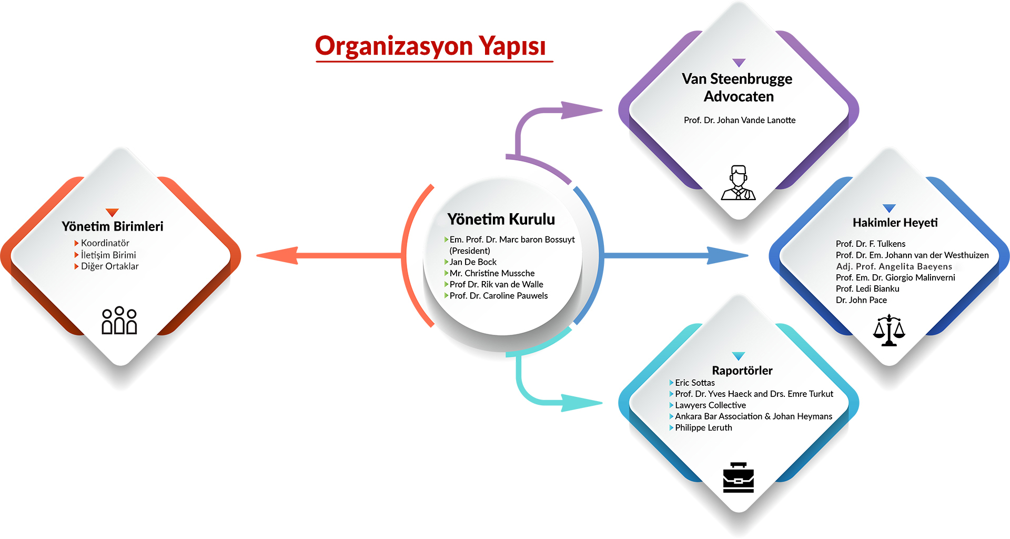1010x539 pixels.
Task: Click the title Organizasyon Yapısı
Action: [x=431, y=46]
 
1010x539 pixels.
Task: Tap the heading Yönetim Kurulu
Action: [x=501, y=219]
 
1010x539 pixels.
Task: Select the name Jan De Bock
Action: [x=473, y=262]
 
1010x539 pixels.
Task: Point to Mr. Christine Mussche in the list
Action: [x=492, y=273]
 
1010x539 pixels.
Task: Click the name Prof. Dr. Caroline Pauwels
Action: [x=499, y=296]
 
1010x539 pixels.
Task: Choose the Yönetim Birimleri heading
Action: [x=113, y=226]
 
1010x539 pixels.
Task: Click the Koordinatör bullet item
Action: [x=105, y=243]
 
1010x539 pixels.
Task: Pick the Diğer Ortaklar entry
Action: [x=110, y=266]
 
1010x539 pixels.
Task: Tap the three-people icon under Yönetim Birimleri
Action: [x=119, y=320]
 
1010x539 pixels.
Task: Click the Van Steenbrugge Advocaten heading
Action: [x=738, y=87]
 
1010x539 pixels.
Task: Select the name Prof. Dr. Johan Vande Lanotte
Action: [x=740, y=120]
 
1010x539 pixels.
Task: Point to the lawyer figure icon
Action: [x=739, y=183]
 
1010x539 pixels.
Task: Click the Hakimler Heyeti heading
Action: [x=895, y=223]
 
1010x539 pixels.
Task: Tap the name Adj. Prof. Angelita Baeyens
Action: [x=894, y=266]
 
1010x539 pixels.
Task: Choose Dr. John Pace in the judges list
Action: [x=861, y=300]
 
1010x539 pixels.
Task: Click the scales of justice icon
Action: [x=889, y=330]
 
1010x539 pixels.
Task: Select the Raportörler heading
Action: [x=742, y=371]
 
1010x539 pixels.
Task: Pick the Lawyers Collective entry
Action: [x=710, y=405]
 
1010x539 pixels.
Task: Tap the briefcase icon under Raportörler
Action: [x=739, y=477]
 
